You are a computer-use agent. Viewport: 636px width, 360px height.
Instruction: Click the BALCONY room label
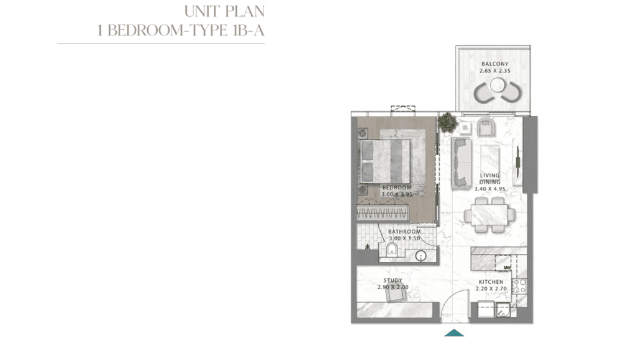495,64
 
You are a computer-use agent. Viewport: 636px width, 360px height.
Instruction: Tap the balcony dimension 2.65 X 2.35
495,71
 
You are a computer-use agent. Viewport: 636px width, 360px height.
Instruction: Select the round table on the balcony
497,85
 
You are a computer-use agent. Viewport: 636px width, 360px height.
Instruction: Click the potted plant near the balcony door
447,122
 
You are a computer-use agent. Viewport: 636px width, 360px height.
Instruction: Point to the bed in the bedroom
385,161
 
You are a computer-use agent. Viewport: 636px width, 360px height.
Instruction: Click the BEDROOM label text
397,187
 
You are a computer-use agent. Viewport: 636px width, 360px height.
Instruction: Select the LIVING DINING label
489,179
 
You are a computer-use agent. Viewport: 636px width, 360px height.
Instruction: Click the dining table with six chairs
489,215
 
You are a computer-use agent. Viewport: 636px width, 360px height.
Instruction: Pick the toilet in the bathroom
391,249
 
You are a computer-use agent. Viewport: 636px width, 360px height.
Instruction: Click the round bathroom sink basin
422,256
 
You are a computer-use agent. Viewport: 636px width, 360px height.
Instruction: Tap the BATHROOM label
404,232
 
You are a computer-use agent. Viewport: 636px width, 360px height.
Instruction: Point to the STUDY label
393,280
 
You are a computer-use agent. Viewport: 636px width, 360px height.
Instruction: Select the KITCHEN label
491,282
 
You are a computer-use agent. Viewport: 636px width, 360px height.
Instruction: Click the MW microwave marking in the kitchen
507,268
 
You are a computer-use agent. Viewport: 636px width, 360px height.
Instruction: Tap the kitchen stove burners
520,286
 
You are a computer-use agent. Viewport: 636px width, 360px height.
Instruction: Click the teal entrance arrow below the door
454,333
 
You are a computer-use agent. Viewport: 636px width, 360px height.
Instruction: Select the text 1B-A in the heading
248,30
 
